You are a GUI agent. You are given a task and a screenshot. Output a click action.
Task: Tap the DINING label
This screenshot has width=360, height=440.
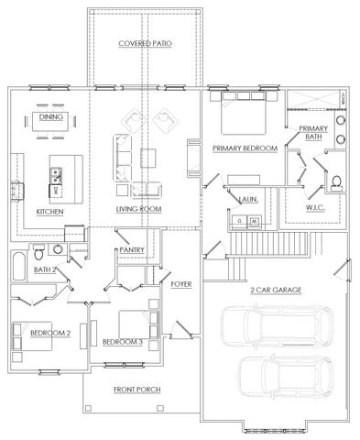click(x=49, y=116)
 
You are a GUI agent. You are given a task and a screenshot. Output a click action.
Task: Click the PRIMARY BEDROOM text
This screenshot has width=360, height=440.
click(x=245, y=148)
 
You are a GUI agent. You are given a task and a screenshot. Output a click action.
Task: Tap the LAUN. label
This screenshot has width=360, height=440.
click(x=247, y=199)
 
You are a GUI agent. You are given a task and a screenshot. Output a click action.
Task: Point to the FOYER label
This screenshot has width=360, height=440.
click(x=180, y=284)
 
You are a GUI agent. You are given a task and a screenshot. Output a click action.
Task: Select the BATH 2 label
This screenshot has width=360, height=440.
click(x=43, y=269)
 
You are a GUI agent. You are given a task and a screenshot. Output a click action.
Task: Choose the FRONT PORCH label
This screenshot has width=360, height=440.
click(x=137, y=390)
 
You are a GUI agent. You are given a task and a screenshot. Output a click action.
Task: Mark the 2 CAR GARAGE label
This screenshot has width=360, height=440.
click(x=276, y=290)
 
